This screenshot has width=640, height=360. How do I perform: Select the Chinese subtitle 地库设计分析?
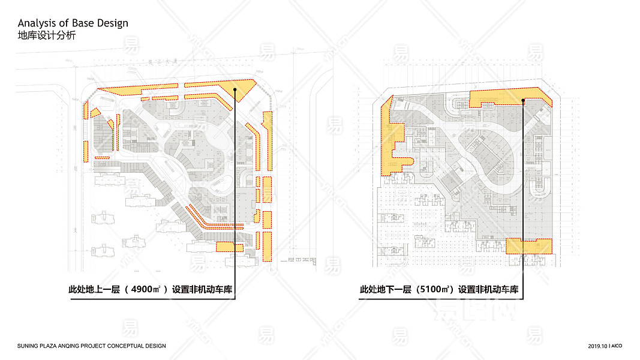tap(47, 36)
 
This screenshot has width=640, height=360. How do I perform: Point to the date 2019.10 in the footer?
tap(597, 346)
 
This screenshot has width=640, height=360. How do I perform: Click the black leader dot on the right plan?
tap(524, 101)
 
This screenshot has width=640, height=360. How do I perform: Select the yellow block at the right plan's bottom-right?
tap(528, 246)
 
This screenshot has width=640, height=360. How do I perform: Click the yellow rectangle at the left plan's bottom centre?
tap(225, 247)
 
